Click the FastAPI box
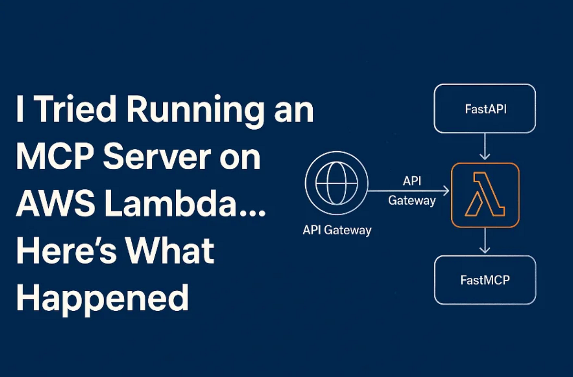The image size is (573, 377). (x=485, y=109)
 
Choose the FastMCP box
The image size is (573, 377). (x=485, y=280)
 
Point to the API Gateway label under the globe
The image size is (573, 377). (x=337, y=231)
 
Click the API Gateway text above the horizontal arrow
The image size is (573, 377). (x=412, y=191)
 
